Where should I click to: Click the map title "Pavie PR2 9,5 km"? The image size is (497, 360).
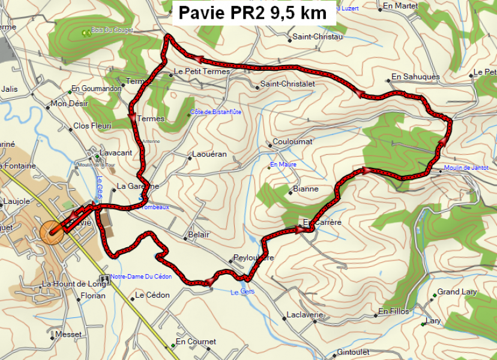coord(253,13)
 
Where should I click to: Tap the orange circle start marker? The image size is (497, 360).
coord(51,232)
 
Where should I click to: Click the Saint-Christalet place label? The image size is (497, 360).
coord(287,85)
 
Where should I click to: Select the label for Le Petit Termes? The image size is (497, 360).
coord(202,71)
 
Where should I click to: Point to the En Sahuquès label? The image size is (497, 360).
coord(415,77)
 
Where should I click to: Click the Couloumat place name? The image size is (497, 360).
coord(292,142)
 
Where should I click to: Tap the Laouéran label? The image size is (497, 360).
coord(209,154)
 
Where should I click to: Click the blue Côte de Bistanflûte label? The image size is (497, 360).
coord(215,112)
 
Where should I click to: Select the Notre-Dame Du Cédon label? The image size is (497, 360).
coord(141,277)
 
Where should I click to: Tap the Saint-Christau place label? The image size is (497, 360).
coord(317,37)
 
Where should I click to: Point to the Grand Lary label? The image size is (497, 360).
coord(457,292)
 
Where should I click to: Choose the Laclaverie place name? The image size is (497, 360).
coord(305,315)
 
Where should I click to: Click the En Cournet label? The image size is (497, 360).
coord(196,342)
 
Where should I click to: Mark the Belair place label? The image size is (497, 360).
coord(199,235)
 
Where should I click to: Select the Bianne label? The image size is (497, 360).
coord(306,189)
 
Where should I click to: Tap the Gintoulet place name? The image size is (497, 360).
coord(353,352)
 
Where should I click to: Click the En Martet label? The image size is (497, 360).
coord(400,6)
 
